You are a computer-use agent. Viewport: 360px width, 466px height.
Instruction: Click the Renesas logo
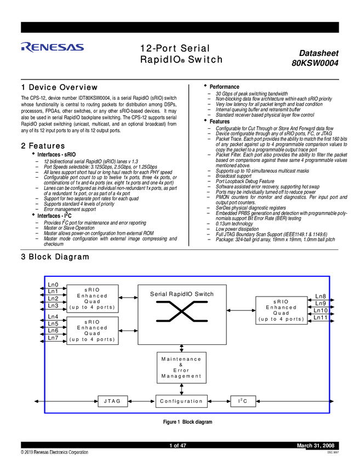pyautogui.click(x=53, y=47)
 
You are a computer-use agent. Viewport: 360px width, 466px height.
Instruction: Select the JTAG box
pyautogui.click(x=112, y=401)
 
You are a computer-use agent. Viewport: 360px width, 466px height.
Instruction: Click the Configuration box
pyautogui.click(x=181, y=401)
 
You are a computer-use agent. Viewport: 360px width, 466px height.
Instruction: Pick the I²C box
pyautogui.click(x=243, y=401)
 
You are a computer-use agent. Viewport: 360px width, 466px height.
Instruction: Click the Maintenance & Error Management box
pyautogui.click(x=181, y=367)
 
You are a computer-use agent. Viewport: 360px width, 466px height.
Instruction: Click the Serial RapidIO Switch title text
pyautogui.click(x=182, y=294)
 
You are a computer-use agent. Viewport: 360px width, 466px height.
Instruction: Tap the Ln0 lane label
pyautogui.click(x=53, y=285)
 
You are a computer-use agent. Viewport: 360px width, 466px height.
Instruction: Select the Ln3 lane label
pyautogui.click(x=53, y=306)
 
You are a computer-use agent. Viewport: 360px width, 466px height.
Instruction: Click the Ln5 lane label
pyautogui.click(x=53, y=324)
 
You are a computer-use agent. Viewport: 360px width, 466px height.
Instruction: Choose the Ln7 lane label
pyautogui.click(x=53, y=338)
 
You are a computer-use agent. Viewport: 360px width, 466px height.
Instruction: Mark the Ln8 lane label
pyautogui.click(x=321, y=297)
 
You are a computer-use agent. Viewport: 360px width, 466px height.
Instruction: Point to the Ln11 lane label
pyautogui.click(x=321, y=317)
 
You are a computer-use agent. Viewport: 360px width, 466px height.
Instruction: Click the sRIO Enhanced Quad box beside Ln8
pyautogui.click(x=281, y=310)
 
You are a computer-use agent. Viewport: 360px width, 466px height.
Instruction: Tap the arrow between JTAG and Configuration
pyautogui.click(x=141, y=401)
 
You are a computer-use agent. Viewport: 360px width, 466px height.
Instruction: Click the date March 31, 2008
pyautogui.click(x=316, y=445)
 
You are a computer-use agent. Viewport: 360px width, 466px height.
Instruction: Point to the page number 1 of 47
pyautogui.click(x=178, y=445)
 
